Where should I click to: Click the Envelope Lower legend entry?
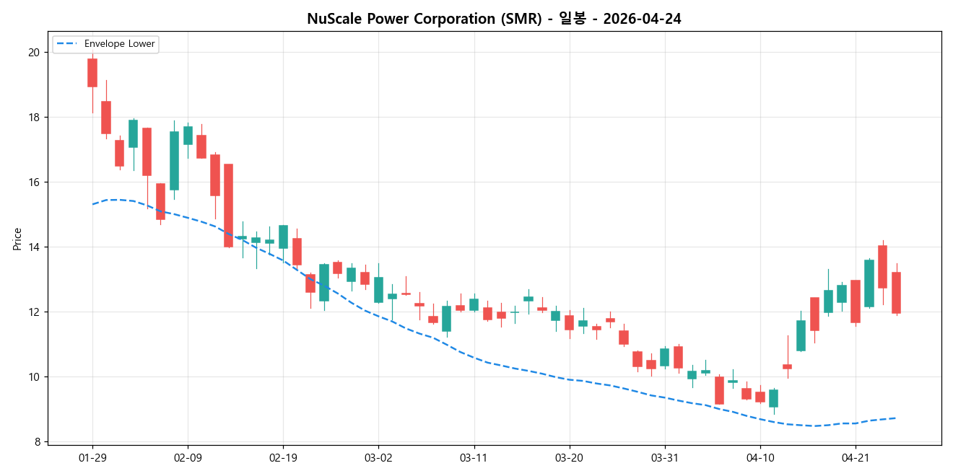[106, 44]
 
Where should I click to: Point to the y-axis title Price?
[17, 239]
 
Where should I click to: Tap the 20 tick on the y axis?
[34, 53]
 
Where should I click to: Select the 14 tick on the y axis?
[34, 247]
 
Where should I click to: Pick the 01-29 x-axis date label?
[92, 458]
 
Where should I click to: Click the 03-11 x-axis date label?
[474, 458]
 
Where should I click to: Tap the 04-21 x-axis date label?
[855, 458]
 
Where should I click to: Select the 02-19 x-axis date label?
[283, 458]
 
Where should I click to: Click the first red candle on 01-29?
[92, 73]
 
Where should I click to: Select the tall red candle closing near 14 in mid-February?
[228, 206]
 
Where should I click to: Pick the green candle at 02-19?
[283, 237]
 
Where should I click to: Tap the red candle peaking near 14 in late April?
[882, 267]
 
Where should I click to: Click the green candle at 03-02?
[378, 289]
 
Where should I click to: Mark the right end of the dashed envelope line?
[896, 418]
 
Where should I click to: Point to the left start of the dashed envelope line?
[92, 204]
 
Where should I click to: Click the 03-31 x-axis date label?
[664, 458]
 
